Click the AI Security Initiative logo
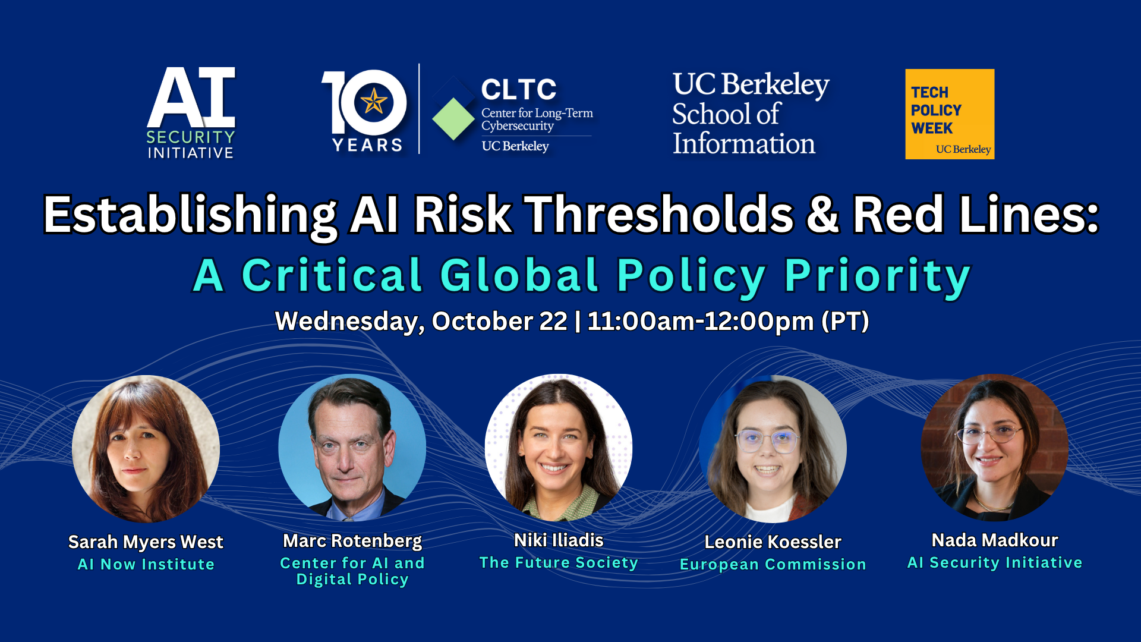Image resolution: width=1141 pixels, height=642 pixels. [191, 113]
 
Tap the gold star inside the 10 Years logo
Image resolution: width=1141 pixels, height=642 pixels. [374, 101]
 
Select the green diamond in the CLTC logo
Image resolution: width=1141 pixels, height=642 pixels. [453, 118]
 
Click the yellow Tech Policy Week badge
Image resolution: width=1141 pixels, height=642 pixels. [950, 114]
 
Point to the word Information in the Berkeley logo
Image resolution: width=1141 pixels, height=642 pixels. [743, 144]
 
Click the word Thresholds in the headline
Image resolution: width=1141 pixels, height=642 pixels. [659, 215]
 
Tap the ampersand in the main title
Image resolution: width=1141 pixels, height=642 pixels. [823, 215]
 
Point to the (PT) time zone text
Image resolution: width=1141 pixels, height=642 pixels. [845, 322]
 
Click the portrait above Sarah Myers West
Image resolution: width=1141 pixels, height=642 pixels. [146, 449]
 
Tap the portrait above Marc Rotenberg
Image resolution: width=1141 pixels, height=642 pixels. [352, 448]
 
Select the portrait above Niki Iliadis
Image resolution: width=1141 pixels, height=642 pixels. [559, 448]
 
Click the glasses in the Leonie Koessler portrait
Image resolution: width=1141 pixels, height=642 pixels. [767, 441]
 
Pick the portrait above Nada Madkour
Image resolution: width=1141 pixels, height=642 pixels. [994, 448]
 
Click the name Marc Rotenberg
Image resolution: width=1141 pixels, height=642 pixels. [352, 541]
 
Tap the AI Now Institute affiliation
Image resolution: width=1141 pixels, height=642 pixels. [146, 564]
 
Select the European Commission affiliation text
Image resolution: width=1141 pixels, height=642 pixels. [773, 564]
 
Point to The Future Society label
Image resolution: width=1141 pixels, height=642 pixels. [559, 562]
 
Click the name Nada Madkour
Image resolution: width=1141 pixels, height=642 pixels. [995, 540]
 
